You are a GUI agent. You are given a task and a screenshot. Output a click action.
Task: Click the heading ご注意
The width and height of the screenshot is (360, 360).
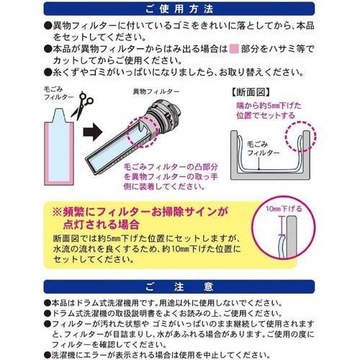(180, 285)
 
